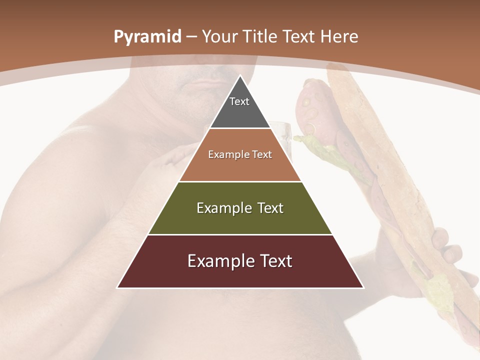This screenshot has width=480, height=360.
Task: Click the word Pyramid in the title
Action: [x=147, y=37]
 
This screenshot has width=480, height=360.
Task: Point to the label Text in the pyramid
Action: [x=239, y=101]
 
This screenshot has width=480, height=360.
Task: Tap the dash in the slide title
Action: [x=191, y=37]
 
